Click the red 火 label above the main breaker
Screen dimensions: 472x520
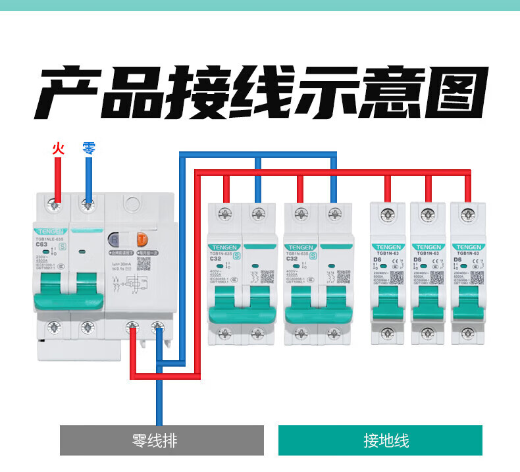58,149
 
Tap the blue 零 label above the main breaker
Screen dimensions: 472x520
89,149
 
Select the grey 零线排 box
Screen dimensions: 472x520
161,440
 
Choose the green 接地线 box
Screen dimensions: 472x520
380,440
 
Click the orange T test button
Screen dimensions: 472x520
141,239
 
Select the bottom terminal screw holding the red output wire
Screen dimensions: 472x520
134,327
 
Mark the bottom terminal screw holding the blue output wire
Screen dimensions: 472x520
158,327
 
